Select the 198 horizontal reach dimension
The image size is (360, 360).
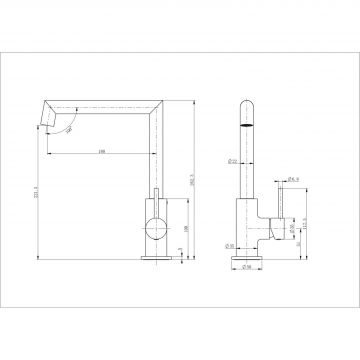tap(103, 152)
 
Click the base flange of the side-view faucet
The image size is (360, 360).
tap(154, 259)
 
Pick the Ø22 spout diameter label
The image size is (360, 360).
tap(231, 159)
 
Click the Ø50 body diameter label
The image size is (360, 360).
tap(229, 244)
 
